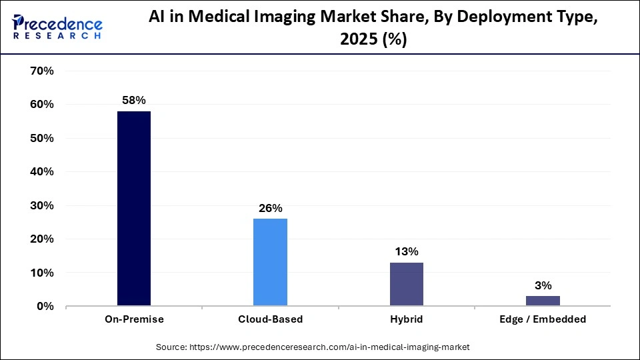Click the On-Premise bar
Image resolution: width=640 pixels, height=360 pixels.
pyautogui.click(x=134, y=209)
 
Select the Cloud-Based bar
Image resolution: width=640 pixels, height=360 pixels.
pyautogui.click(x=270, y=262)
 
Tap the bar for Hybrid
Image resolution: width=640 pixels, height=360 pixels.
pyautogui.click(x=406, y=284)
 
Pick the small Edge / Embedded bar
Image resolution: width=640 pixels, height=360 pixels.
pyautogui.click(x=543, y=301)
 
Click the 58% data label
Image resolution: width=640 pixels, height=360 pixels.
pyautogui.click(x=134, y=100)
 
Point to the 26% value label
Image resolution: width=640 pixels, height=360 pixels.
pyautogui.click(x=270, y=208)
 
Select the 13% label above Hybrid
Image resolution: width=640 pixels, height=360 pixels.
pyautogui.click(x=406, y=251)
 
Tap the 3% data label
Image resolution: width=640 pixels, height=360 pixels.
pyautogui.click(x=543, y=285)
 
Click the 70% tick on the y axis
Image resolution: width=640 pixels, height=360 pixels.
pyautogui.click(x=42, y=71)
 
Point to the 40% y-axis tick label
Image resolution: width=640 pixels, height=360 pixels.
pyautogui.click(x=42, y=171)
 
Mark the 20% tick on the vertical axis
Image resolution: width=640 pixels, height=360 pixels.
pyautogui.click(x=42, y=239)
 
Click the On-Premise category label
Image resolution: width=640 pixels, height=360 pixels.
pyautogui.click(x=134, y=319)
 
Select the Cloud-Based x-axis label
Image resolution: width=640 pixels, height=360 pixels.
pyautogui.click(x=270, y=319)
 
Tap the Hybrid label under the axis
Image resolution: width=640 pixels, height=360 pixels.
pyautogui.click(x=406, y=319)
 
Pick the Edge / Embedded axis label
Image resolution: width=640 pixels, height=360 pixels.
pyautogui.click(x=543, y=319)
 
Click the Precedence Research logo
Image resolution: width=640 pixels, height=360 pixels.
pyautogui.click(x=57, y=27)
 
